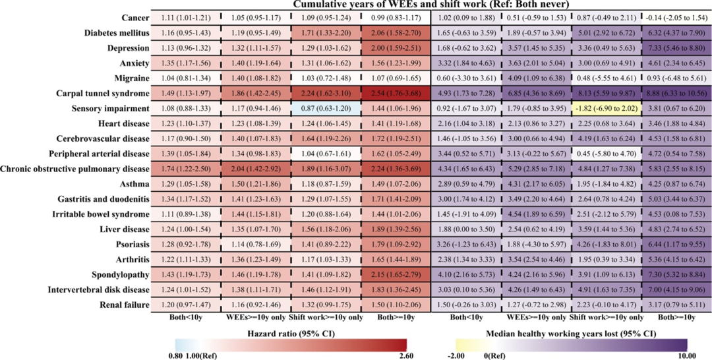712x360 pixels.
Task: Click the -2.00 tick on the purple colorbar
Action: click(x=465, y=355)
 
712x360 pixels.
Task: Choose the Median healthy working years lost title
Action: click(x=571, y=333)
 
